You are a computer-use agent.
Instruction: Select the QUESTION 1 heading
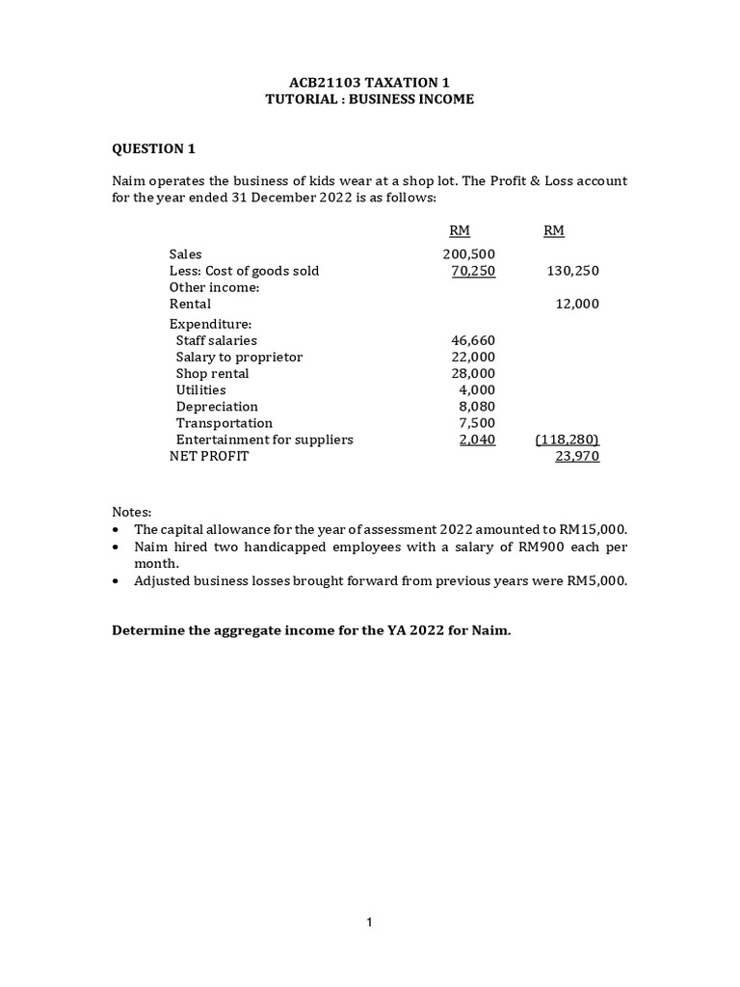(154, 148)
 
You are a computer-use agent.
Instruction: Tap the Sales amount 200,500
(469, 254)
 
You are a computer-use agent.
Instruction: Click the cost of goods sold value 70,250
(473, 271)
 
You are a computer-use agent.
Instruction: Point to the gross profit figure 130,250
(572, 271)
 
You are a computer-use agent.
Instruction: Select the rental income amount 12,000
(577, 304)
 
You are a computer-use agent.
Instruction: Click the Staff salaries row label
(217, 340)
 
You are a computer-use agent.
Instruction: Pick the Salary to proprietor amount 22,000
(473, 357)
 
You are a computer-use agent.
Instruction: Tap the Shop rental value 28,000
(473, 373)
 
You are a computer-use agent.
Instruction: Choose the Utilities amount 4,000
(477, 389)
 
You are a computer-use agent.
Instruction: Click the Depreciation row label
(217, 407)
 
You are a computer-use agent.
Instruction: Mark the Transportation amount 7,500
(477, 423)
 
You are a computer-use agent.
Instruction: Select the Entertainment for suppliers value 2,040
(477, 440)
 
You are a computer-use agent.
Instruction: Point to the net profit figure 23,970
(577, 456)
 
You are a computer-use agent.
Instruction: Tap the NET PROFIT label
(209, 456)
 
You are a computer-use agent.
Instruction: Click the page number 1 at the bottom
(370, 923)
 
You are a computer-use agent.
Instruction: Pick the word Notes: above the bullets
(132, 512)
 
